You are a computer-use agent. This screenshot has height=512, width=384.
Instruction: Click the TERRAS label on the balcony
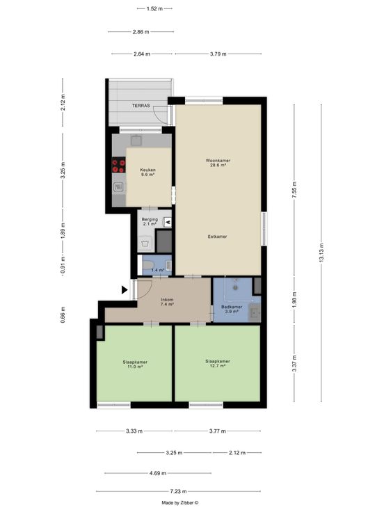pos(141,106)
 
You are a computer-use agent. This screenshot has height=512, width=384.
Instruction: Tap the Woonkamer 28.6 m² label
pos(218,163)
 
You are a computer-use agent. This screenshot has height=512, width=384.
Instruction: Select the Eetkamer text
pos(218,237)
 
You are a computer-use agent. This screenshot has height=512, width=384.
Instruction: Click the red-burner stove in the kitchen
pos(118,165)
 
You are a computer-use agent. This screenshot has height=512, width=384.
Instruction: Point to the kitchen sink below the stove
pos(118,187)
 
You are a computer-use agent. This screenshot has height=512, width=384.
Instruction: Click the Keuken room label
pos(147,172)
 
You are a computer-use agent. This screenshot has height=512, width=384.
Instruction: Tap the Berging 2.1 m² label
pos(150,221)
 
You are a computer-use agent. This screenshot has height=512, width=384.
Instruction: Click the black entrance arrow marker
pos(125,289)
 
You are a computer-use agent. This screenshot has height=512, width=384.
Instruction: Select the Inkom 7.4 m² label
pos(167,302)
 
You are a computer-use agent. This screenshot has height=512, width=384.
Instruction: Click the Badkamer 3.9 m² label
pos(232,309)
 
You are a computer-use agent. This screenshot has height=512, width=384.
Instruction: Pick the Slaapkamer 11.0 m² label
pos(135,365)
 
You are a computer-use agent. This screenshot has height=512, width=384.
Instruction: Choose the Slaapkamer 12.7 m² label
pos(218,363)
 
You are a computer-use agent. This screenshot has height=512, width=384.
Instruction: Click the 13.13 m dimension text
pos(321,253)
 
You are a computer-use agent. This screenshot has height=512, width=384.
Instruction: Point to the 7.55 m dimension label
pos(294,191)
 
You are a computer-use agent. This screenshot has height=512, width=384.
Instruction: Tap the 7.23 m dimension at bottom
pos(179,491)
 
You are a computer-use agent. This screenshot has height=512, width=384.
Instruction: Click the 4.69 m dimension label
pos(158,473)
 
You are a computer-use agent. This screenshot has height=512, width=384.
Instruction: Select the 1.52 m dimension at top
pos(154,9)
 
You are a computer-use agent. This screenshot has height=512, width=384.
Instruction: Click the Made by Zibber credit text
pos(180,503)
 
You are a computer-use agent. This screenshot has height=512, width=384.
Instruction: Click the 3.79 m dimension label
pos(218,54)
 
